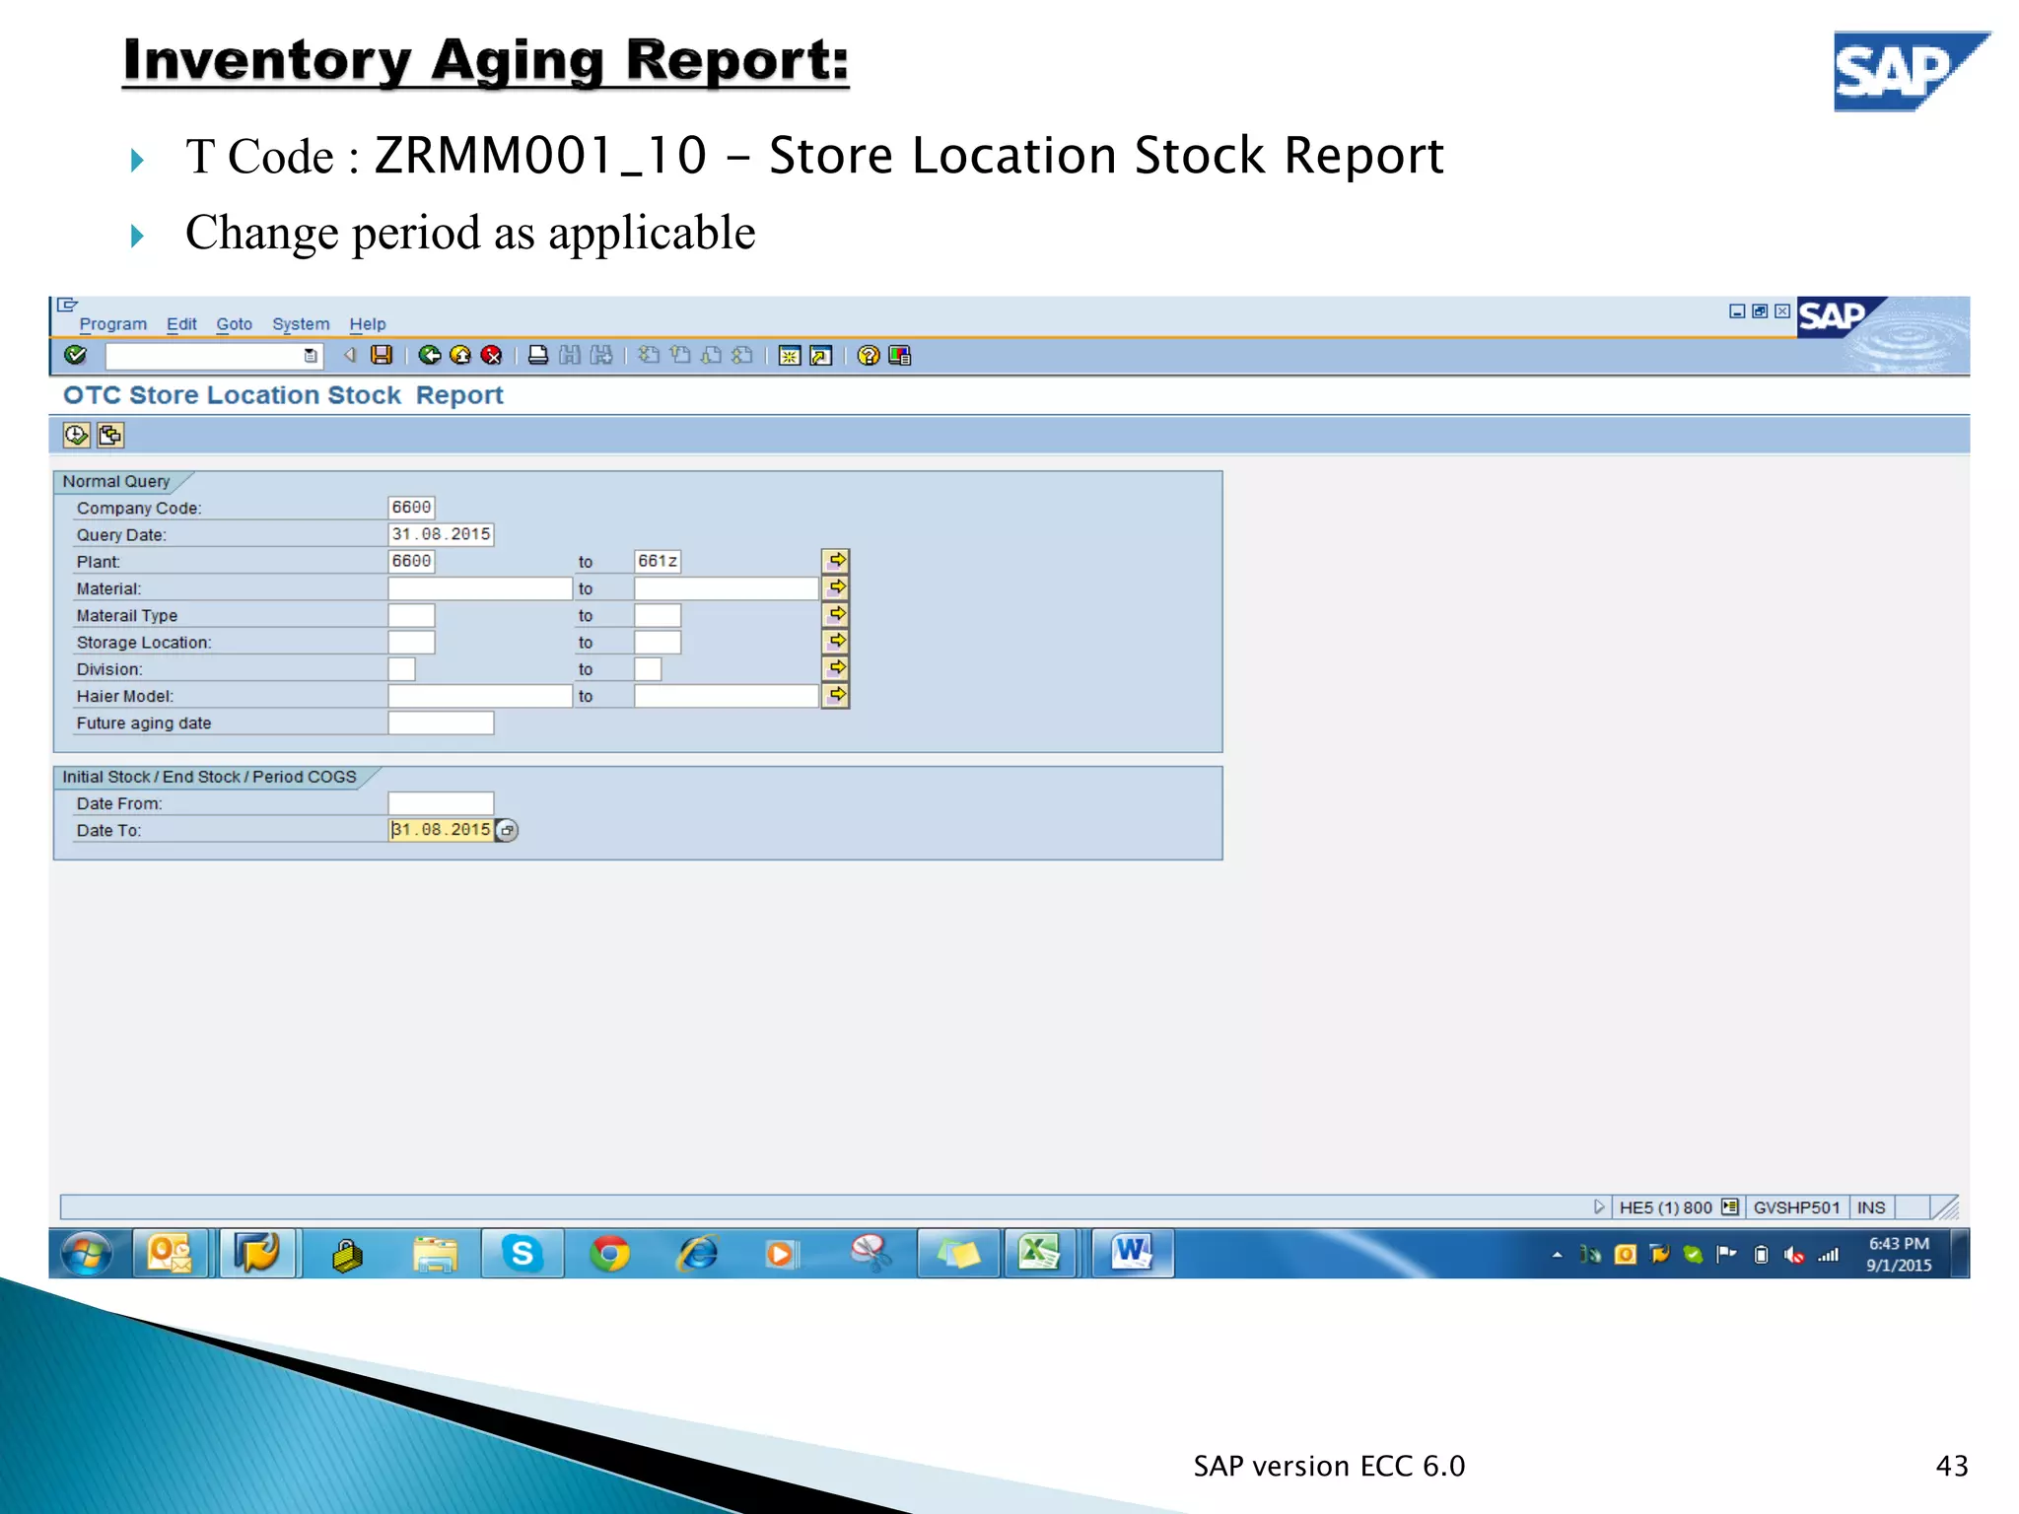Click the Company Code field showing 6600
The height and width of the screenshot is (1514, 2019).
tap(411, 508)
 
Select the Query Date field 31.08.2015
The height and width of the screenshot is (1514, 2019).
tap(441, 534)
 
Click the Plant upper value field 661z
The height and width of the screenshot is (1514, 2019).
tap(658, 561)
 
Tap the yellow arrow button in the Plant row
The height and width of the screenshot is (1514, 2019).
tap(836, 561)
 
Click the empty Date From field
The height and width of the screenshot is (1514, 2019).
tap(441, 803)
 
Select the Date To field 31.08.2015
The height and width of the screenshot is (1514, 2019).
tap(441, 830)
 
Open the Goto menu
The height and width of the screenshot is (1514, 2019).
tap(234, 324)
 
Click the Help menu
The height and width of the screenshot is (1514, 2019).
tap(367, 324)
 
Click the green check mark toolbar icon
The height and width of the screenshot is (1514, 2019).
tap(75, 355)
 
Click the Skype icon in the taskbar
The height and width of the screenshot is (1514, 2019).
tap(522, 1254)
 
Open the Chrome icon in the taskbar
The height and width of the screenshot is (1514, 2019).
tap(609, 1254)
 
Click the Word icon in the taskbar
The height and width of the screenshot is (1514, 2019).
tap(1132, 1254)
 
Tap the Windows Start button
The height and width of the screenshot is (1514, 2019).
tap(87, 1254)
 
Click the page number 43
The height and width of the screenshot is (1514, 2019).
tap(1951, 1466)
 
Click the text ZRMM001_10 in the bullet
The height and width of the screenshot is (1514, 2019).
tap(540, 156)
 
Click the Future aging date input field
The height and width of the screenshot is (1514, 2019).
tap(441, 723)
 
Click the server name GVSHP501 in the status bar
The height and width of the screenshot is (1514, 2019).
tap(1796, 1207)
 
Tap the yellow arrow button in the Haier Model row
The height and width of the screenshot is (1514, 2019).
tap(836, 695)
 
